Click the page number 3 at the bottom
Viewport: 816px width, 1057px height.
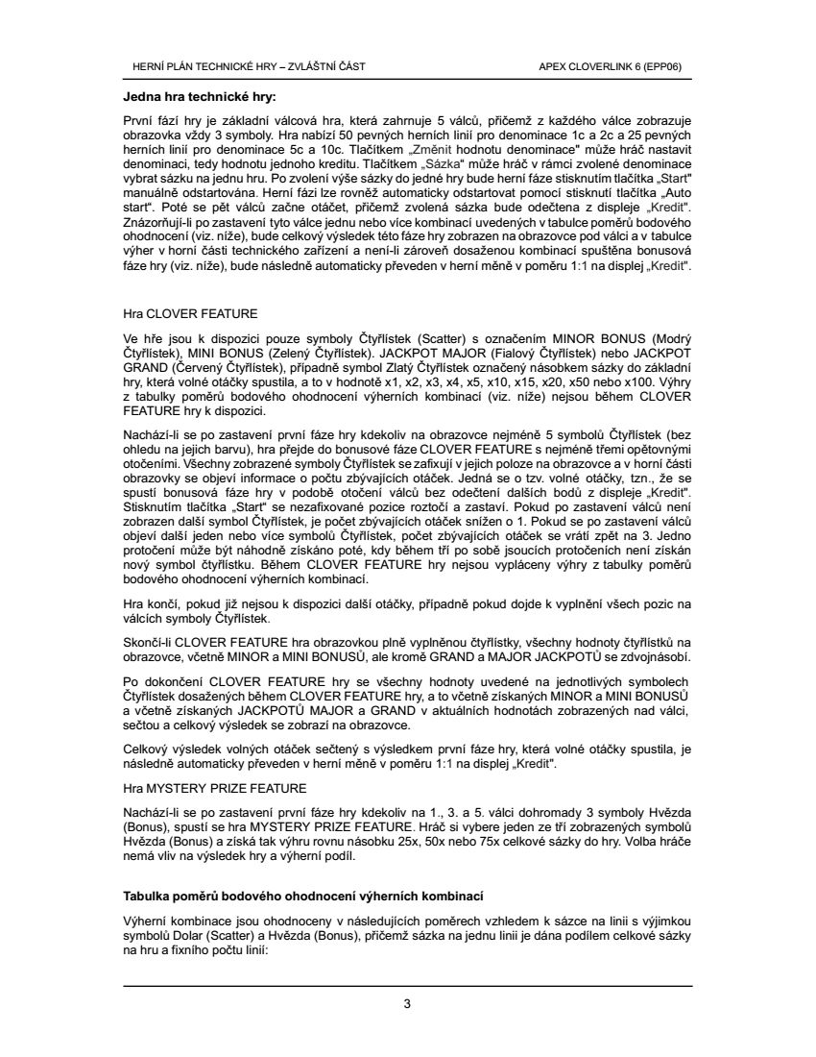click(407, 1004)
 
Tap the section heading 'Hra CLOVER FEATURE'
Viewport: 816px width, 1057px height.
click(190, 313)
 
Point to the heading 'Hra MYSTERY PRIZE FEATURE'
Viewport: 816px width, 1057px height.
click(215, 788)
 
